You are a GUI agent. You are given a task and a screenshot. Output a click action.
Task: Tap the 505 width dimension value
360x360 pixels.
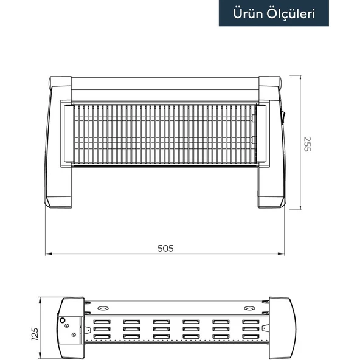click(166, 247)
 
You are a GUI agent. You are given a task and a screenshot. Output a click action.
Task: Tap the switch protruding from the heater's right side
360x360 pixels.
click(283, 116)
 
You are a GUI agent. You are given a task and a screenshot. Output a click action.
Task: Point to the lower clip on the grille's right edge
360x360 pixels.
click(255, 140)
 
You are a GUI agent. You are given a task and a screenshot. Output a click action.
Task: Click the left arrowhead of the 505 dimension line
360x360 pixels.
click(49, 254)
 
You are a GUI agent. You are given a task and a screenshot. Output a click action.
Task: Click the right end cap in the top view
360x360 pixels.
click(279, 328)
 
